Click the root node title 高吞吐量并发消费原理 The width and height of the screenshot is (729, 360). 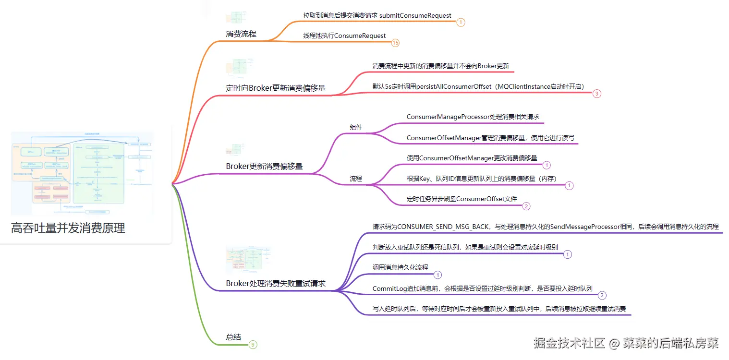tap(68, 228)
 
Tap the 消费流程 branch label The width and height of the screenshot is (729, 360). tap(241, 34)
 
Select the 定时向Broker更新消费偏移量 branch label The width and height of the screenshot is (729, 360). tap(276, 88)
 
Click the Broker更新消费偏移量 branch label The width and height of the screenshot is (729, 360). tap(264, 167)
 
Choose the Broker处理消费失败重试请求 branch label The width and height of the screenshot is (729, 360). tap(276, 284)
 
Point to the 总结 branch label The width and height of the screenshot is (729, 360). tap(233, 337)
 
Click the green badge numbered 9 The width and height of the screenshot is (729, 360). tap(253, 345)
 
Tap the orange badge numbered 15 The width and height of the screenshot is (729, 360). tap(395, 43)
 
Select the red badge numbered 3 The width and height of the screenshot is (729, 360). tap(596, 94)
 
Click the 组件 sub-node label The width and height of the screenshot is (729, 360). tap(356, 127)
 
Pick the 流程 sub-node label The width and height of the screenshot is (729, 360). tap(356, 179)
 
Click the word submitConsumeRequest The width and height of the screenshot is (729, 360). tap(415, 16)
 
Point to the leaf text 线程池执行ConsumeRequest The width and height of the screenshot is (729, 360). tap(344, 36)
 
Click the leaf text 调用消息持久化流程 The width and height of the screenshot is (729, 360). tap(400, 267)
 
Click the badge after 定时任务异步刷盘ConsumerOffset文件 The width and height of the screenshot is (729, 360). tap(526, 206)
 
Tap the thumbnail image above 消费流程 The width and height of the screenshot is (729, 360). tap(236, 18)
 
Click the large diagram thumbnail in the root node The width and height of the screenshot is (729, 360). tap(82, 173)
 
